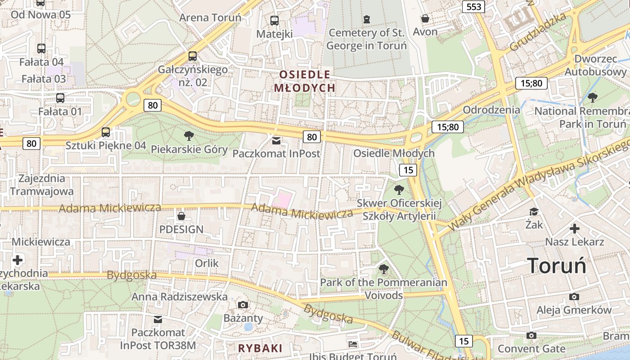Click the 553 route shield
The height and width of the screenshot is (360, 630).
474,6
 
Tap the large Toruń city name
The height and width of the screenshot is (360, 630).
557,265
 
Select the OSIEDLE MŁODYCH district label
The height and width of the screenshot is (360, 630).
305,81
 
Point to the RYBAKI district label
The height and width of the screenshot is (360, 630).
260,348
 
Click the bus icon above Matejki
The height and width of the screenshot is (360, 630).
274,20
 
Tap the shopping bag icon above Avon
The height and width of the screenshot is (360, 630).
425,18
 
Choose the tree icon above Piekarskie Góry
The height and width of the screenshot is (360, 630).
189,135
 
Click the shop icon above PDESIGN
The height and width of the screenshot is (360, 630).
181,216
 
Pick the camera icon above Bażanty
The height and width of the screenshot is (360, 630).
243,305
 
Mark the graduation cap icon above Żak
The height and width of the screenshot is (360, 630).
534,211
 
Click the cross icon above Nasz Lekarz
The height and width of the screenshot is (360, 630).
574,229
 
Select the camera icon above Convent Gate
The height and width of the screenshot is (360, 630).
531,335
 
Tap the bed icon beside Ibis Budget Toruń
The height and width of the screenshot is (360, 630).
353,344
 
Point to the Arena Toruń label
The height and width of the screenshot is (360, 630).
210,18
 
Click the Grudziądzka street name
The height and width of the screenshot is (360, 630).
538,32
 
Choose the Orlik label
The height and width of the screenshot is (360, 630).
207,263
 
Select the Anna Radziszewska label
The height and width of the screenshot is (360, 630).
180,297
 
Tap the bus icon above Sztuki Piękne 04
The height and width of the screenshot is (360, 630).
106,132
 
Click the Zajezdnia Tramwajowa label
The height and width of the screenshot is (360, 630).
42,184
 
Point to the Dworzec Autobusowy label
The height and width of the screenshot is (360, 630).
595,65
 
